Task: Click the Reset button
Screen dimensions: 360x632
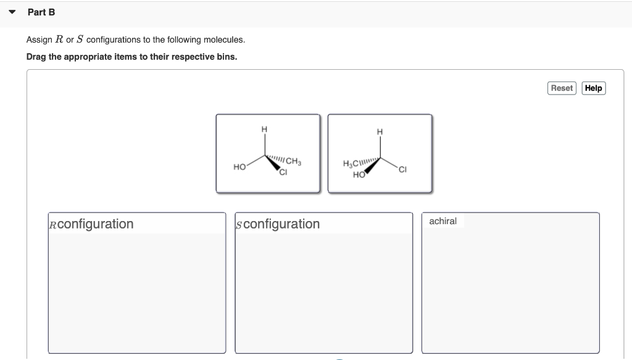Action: coord(562,88)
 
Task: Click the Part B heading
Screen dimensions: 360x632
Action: coord(41,12)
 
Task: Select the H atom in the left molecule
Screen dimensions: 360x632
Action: coord(265,129)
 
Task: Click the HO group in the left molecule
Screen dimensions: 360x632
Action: coord(240,167)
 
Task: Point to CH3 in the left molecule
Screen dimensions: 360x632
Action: coord(293,162)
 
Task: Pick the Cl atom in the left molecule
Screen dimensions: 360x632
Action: coord(283,172)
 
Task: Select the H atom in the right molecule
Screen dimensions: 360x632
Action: coord(380,132)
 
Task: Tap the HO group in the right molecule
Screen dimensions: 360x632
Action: coord(358,175)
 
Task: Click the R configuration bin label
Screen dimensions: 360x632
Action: coord(91,224)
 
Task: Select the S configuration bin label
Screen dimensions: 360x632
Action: coord(278,224)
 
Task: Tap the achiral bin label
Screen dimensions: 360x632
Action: coord(443,221)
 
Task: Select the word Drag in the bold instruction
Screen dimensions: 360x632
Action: coord(36,57)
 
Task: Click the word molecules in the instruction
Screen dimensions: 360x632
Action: coord(225,40)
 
